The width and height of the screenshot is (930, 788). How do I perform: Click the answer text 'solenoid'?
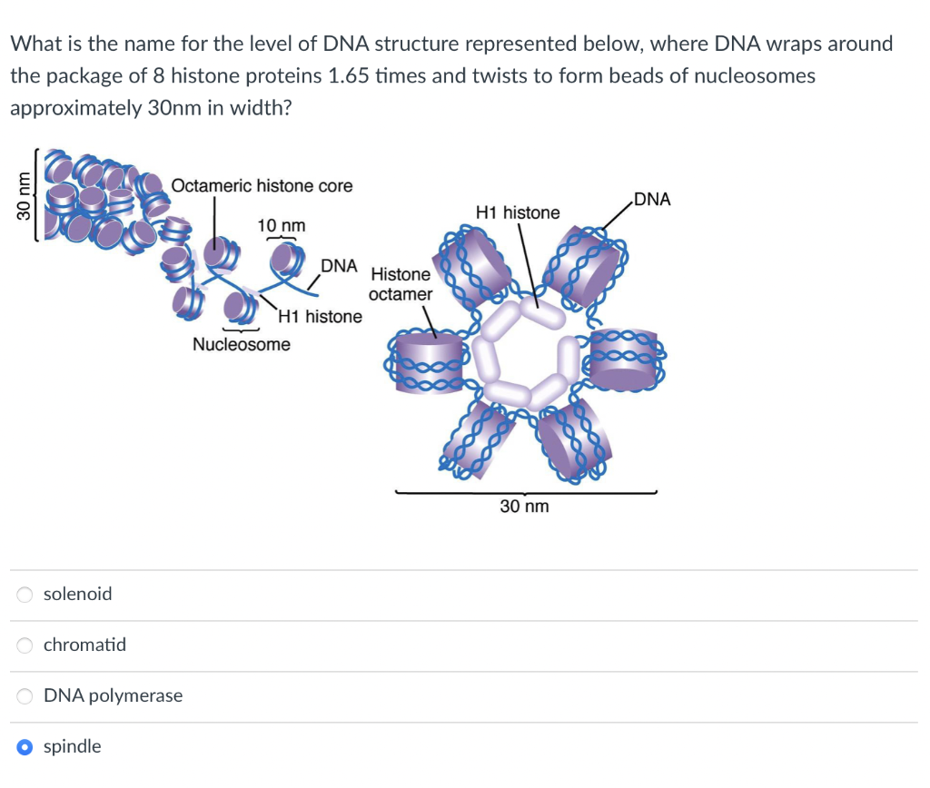coord(78,594)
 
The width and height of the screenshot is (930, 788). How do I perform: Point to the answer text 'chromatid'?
coord(84,645)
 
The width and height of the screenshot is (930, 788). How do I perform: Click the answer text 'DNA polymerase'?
coord(113,695)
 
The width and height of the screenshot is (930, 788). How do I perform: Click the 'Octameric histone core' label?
coord(262,185)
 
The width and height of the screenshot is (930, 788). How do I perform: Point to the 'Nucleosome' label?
coord(242,344)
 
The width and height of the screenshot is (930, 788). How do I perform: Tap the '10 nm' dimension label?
coord(282,224)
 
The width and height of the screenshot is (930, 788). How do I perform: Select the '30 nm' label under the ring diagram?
coord(524,506)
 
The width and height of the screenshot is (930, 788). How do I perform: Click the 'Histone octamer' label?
coord(401,283)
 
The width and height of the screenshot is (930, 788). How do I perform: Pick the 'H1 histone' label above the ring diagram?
coord(518,212)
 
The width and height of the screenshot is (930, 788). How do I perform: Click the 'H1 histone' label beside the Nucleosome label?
coord(320,317)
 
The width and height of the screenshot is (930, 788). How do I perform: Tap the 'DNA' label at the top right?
coord(652,199)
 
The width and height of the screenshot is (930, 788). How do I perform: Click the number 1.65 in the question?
coord(348,75)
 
